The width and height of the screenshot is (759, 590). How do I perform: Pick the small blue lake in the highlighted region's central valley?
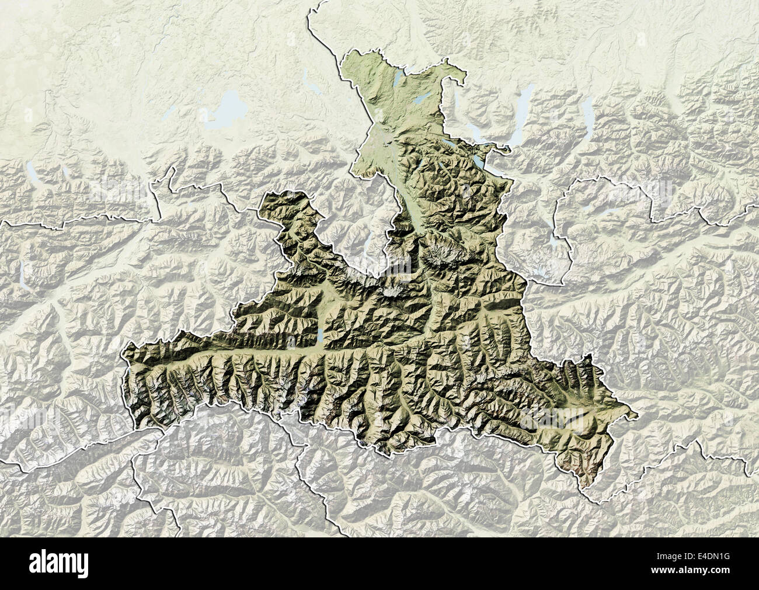click(x=321, y=336)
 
